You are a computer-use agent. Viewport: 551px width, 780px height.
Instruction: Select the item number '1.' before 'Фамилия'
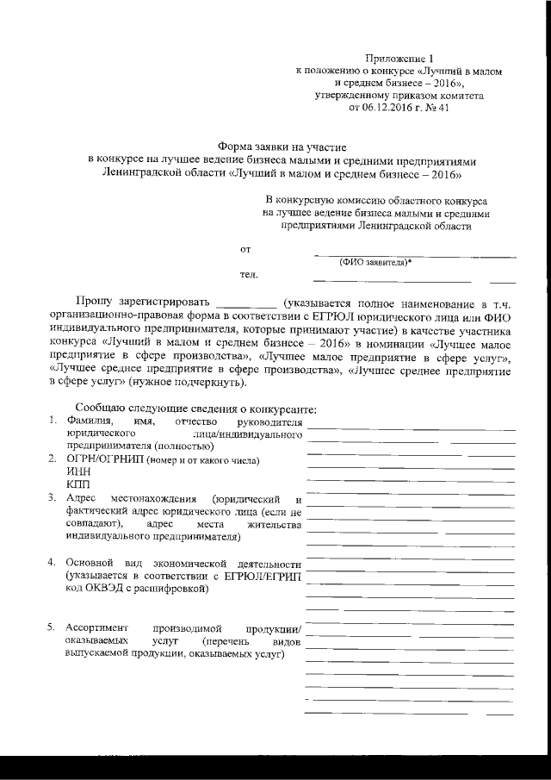coord(53,420)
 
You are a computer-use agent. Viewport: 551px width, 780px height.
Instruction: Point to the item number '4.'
coord(53,563)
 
